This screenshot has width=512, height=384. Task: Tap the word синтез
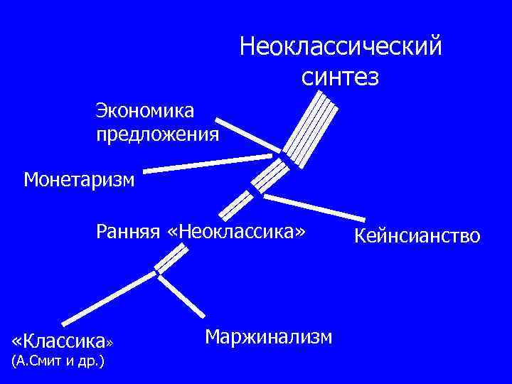coord(341,75)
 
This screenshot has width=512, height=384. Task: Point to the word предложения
coord(158,134)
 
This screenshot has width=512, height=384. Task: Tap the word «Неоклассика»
coord(242,232)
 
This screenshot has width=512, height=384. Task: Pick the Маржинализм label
coord(268,336)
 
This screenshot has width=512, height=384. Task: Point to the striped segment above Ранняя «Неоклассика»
coord(235,204)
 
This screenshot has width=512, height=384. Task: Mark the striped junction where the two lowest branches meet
coord(165,262)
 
